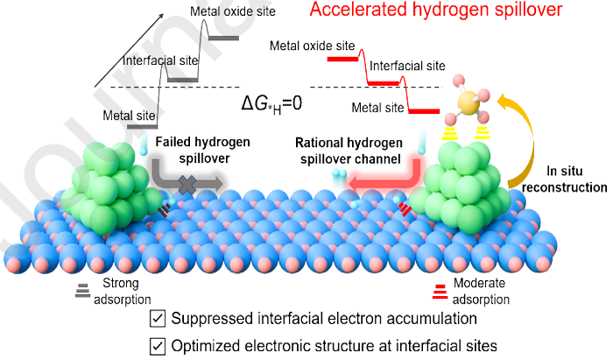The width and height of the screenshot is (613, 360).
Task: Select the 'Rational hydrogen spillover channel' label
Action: click(348, 151)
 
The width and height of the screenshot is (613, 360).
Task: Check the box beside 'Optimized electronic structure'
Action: click(159, 345)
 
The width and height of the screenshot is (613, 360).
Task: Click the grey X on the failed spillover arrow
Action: click(186, 183)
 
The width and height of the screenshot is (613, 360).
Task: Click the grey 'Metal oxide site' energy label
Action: click(232, 11)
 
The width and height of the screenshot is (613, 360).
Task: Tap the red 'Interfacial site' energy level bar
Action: click(384, 82)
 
